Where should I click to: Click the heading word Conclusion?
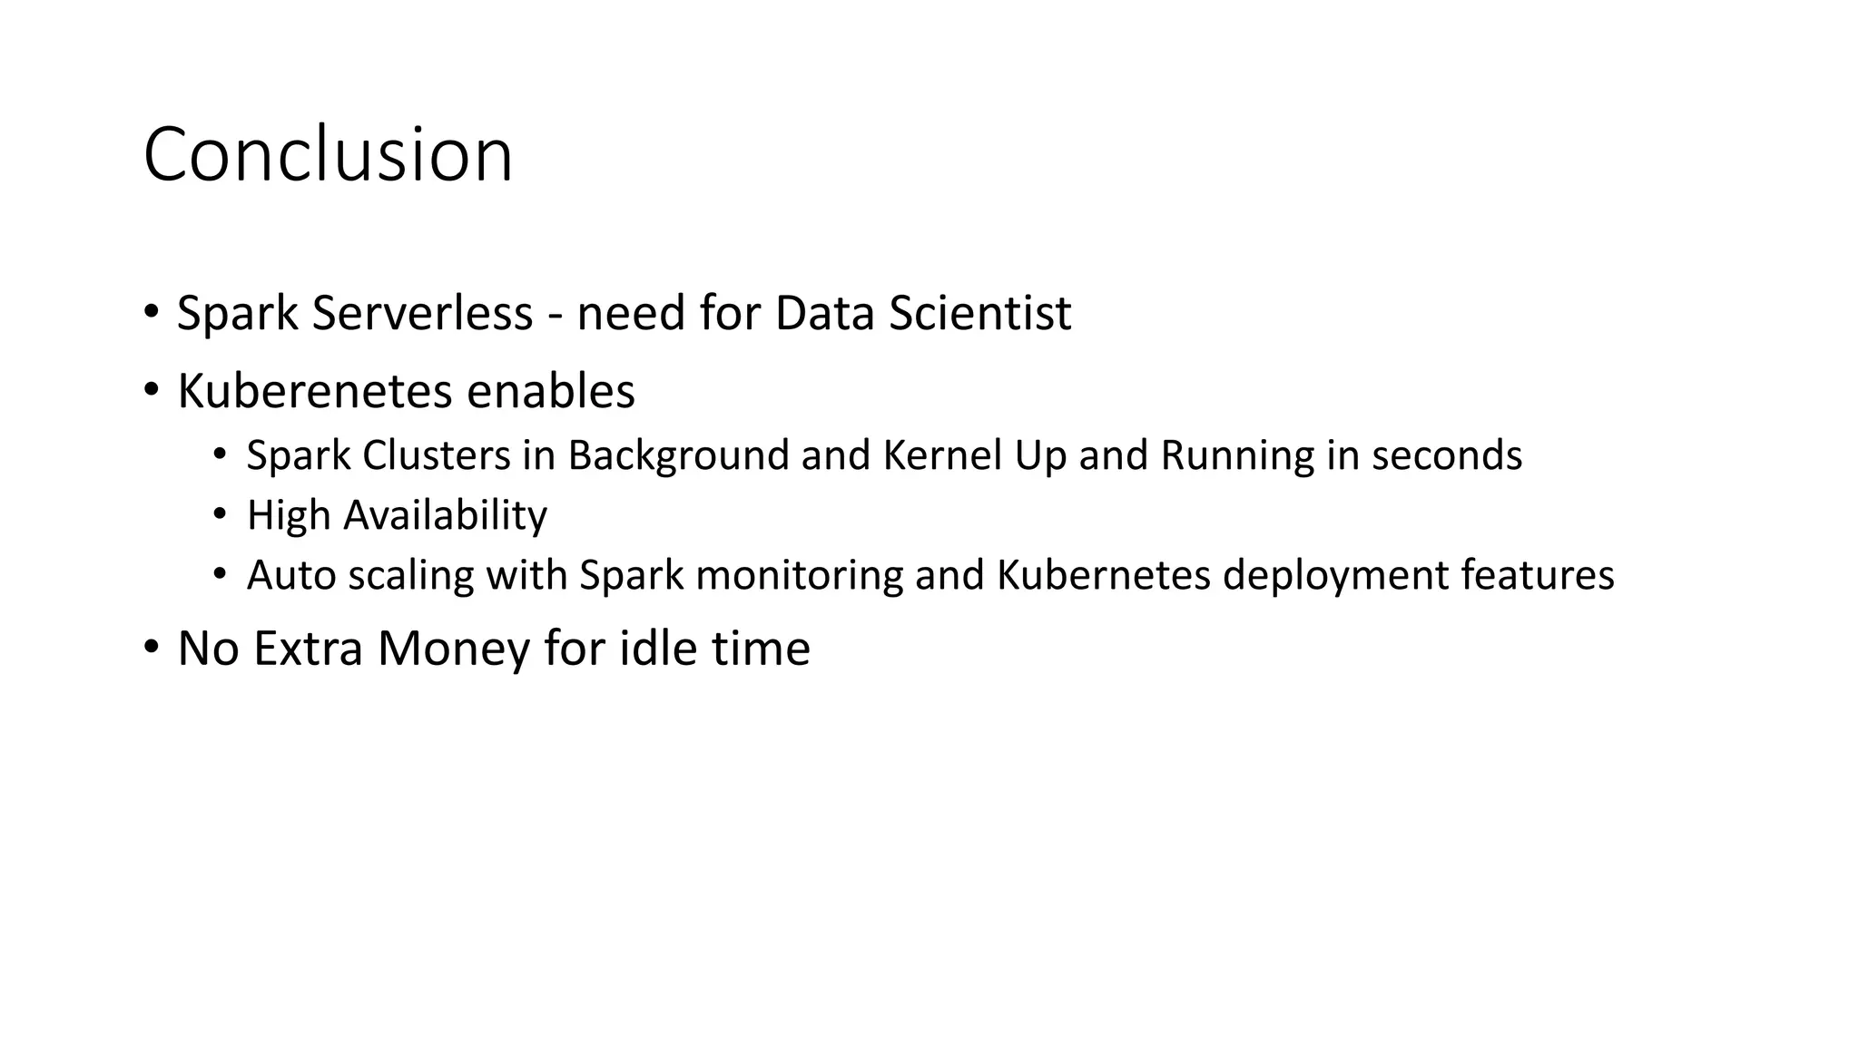click(x=328, y=155)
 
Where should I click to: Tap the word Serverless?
click(x=422, y=313)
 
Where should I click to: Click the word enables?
click(x=551, y=392)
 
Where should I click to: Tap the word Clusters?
click(x=436, y=455)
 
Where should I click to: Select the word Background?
click(x=678, y=456)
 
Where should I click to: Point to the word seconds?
click(x=1447, y=455)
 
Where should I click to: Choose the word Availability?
click(x=445, y=515)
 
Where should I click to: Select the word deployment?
click(x=1335, y=575)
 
